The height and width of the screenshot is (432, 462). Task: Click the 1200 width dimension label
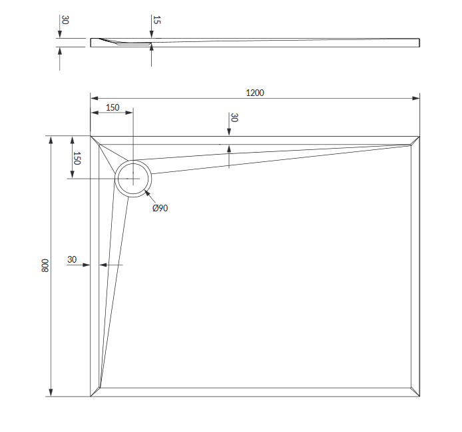[x=255, y=93]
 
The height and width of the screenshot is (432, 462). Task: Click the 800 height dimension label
[x=45, y=265]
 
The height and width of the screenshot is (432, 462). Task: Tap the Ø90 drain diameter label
[x=160, y=208]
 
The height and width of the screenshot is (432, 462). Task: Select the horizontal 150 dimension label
[x=113, y=107]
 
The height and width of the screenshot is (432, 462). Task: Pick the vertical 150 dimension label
[x=77, y=158]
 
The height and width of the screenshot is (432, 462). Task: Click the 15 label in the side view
[x=156, y=20]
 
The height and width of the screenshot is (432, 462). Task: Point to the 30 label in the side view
[x=65, y=20]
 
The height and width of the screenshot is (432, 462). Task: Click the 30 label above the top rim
[x=234, y=117]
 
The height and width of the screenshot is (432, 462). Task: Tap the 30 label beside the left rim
[x=72, y=259]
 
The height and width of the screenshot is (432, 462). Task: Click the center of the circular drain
[x=133, y=179]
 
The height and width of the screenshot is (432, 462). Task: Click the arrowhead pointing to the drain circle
[x=147, y=193]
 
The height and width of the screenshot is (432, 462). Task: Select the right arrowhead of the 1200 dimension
[x=416, y=98]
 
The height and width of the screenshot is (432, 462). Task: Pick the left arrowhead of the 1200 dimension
[x=95, y=98]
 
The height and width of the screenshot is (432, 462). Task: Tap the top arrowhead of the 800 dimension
[x=51, y=140]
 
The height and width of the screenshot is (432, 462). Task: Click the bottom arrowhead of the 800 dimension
[x=51, y=393]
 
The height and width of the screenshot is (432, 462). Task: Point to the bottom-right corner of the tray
[x=419, y=396]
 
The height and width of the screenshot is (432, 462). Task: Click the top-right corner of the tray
[x=419, y=136]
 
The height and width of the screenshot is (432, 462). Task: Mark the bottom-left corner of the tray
[x=91, y=396]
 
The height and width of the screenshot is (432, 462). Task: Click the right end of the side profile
[x=419, y=43]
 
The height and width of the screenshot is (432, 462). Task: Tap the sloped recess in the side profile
[x=124, y=42]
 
